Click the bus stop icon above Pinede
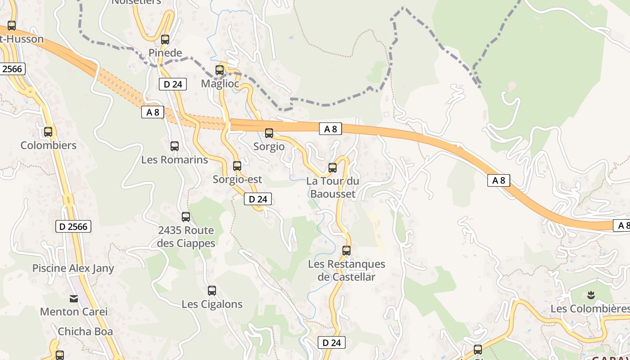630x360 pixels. point(165,40)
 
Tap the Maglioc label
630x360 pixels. point(220,84)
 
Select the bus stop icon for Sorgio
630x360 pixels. point(269,133)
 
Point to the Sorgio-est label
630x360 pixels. point(237,180)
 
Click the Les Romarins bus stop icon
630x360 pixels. point(175,146)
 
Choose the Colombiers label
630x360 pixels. point(49,145)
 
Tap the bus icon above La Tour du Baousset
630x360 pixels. point(333,168)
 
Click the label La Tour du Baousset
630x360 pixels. point(333,188)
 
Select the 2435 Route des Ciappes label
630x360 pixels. point(186,237)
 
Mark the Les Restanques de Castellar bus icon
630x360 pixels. point(346,251)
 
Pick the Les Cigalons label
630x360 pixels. point(212,304)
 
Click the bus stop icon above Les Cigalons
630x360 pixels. point(212,291)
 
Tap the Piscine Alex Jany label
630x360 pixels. point(73,268)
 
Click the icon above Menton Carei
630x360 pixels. point(74,298)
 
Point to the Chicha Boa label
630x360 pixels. point(85,332)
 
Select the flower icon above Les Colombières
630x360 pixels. point(591,295)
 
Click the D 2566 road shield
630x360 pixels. point(73,226)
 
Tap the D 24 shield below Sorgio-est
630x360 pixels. point(258,199)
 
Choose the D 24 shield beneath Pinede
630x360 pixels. point(173,84)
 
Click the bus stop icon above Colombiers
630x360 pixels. point(48,132)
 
